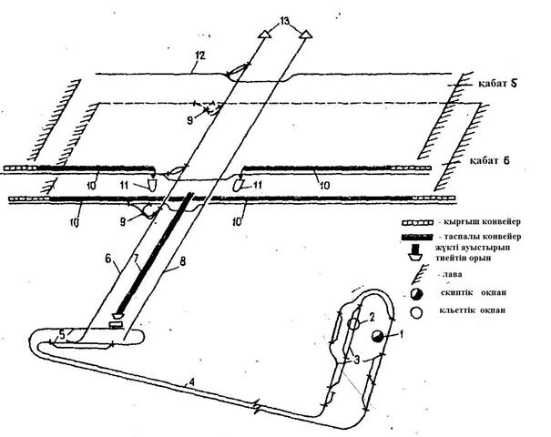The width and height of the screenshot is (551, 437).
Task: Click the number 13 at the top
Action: pos(287,19)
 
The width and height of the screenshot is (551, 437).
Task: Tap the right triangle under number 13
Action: pos(307,34)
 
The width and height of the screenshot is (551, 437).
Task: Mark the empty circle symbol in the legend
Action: pos(417,312)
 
